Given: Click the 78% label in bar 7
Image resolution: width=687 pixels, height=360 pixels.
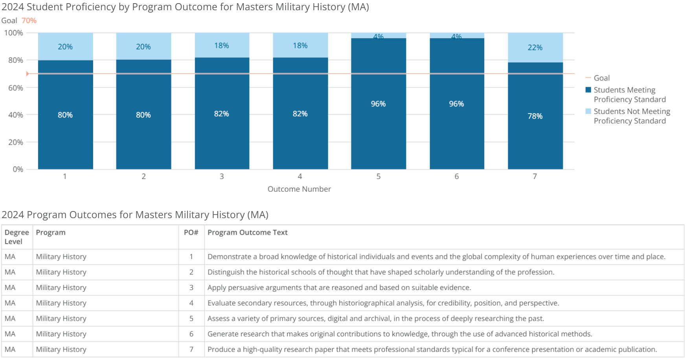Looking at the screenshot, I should tap(535, 116).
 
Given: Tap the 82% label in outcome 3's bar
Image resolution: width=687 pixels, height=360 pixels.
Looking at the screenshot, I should tap(221, 114).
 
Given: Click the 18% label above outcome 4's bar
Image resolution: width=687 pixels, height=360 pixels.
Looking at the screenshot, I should tap(300, 46).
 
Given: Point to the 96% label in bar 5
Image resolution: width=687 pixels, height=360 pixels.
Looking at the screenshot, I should tap(378, 104).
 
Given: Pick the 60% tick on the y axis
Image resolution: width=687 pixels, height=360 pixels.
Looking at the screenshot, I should tap(15, 88).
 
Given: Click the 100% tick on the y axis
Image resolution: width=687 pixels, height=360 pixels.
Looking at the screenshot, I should tap(13, 33).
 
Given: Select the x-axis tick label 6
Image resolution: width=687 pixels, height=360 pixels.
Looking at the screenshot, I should tap(456, 176).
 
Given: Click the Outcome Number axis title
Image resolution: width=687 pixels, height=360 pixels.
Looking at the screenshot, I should tap(299, 189).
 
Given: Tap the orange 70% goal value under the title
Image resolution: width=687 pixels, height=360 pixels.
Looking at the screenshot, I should tap(29, 20).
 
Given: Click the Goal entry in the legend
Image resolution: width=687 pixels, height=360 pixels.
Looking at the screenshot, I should tap(601, 78).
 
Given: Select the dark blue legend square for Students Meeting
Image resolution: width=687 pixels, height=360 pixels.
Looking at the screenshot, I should tap(588, 90).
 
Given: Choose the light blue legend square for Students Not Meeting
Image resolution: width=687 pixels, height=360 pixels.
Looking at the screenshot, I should tap(588, 111).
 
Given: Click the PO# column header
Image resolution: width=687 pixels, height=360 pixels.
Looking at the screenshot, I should tap(191, 232).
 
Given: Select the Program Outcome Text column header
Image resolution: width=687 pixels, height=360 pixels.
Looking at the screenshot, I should tap(248, 232).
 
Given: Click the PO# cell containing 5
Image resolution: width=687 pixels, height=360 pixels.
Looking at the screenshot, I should tap(191, 318).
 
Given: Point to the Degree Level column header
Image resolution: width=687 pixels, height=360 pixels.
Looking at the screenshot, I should tap(17, 237).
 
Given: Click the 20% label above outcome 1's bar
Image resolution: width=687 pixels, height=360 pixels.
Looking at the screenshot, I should tap(65, 47).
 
